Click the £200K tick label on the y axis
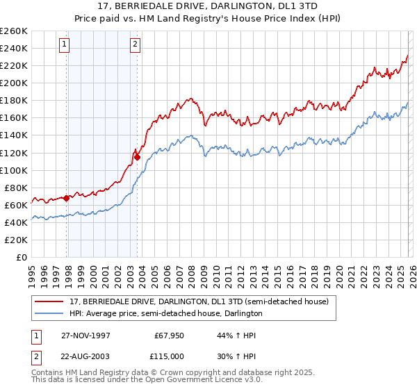tap(14, 83)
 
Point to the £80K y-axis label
tap(16, 188)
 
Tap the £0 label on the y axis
tap(22, 257)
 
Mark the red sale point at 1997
tap(67, 198)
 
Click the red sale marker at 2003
tap(137, 157)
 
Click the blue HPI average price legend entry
tap(166, 313)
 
